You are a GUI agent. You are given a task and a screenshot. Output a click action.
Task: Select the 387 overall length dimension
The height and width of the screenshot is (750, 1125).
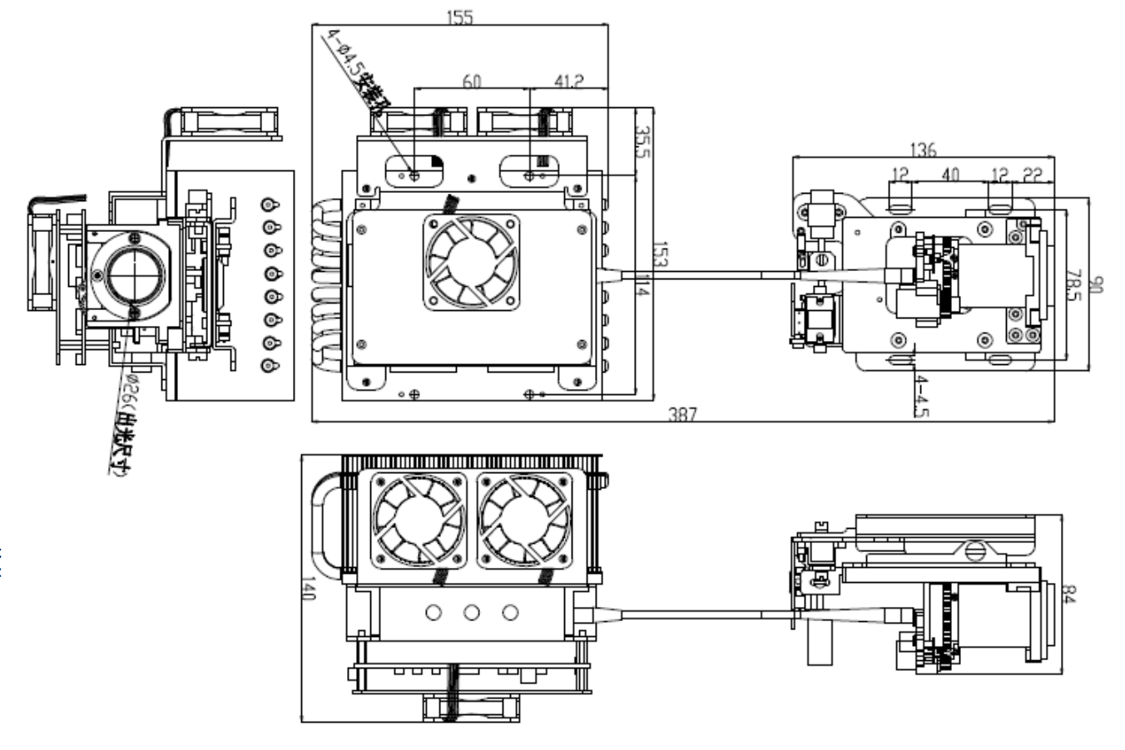point(684,413)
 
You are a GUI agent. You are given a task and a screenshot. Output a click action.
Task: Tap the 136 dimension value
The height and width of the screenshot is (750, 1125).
point(923,150)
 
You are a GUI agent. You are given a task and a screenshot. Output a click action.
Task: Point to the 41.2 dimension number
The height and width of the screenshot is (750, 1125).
point(569,81)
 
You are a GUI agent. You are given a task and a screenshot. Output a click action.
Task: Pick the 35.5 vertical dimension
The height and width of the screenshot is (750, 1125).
point(642,141)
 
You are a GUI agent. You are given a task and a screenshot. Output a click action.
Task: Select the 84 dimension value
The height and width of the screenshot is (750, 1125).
point(1070,595)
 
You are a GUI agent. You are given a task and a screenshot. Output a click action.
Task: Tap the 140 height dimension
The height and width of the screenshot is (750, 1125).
point(309,589)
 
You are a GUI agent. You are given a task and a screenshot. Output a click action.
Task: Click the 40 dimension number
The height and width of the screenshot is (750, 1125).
point(949,175)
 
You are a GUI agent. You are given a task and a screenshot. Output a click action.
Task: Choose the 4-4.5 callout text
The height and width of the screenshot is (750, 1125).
point(922,396)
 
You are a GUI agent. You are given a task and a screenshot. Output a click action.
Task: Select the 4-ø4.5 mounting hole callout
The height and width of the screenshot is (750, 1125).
point(360,71)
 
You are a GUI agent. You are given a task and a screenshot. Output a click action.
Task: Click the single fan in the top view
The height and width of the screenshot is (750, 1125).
point(471,261)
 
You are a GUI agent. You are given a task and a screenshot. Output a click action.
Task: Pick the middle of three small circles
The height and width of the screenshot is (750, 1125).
point(472,614)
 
